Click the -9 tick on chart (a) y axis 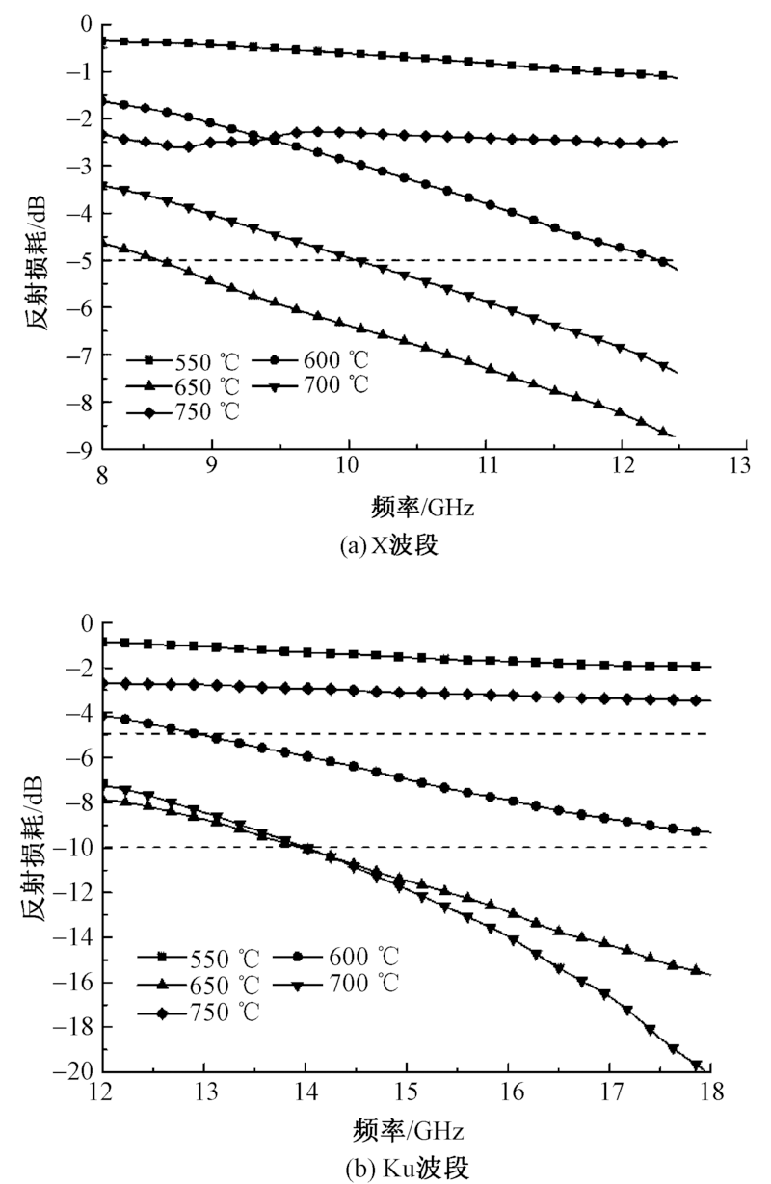(x=85, y=449)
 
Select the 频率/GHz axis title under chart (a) (x=425, y=504)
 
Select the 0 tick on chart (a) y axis (x=88, y=23)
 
